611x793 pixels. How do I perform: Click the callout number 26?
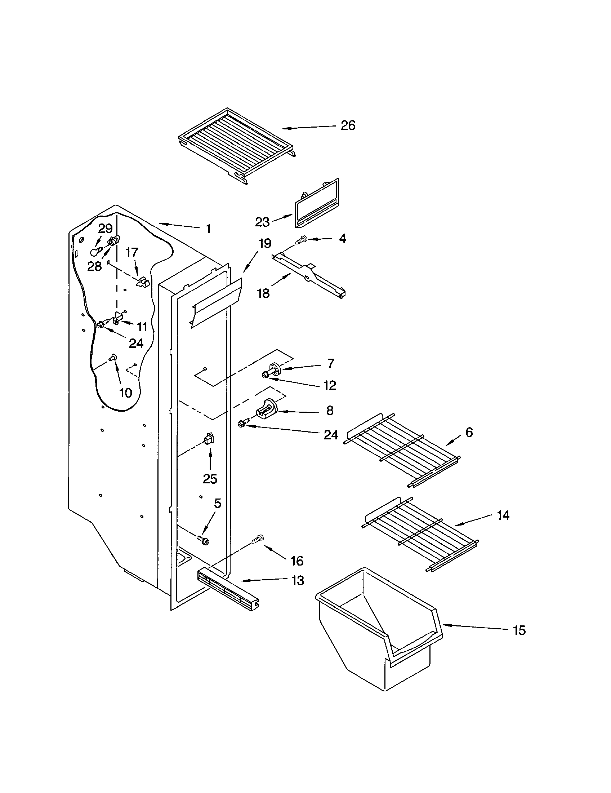tap(348, 126)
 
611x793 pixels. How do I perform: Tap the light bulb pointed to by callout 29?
tap(95, 252)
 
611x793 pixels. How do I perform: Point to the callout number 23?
tap(262, 222)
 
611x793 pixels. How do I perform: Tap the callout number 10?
tap(125, 393)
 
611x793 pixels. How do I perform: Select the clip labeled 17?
tap(143, 282)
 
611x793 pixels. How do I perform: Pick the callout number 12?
tap(329, 385)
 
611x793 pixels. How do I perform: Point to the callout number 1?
tap(208, 229)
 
